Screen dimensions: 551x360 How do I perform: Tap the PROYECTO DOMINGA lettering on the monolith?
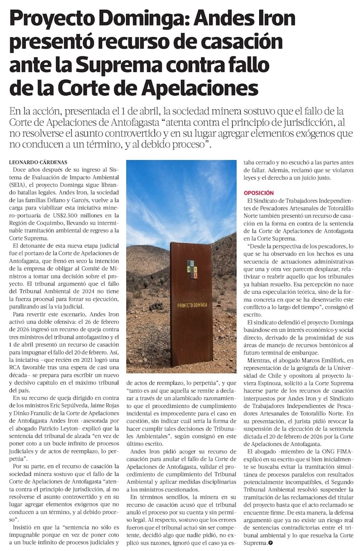coord(191,304)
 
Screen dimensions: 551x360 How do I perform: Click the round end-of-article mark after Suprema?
coord(271,543)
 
